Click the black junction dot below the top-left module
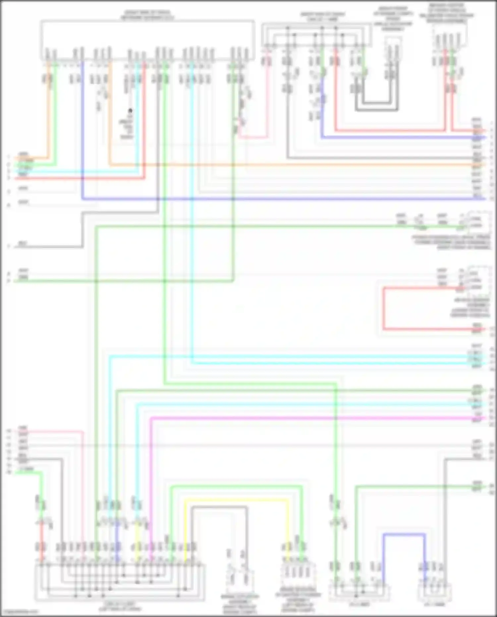131,110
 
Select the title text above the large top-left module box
147,15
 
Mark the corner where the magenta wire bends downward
151,418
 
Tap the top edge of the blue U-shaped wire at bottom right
404,534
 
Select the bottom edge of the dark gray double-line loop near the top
377,110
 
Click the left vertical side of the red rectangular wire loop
383,308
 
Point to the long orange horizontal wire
292,164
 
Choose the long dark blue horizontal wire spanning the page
282,199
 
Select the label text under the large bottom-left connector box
120,606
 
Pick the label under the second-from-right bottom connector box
359,604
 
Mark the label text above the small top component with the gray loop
393,19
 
